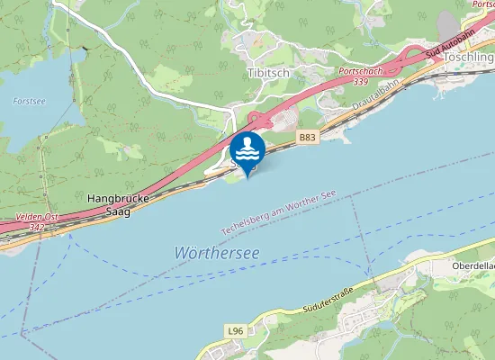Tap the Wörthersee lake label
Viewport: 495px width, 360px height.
point(216,254)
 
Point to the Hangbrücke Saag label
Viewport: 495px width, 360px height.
point(117,202)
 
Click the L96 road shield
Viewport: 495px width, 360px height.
point(236,331)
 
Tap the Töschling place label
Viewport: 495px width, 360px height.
point(469,58)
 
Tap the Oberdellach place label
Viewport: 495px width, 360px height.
point(473,267)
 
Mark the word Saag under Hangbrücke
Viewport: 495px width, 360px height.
point(118,211)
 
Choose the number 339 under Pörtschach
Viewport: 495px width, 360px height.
point(361,82)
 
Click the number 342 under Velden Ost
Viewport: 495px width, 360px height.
point(37,228)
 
